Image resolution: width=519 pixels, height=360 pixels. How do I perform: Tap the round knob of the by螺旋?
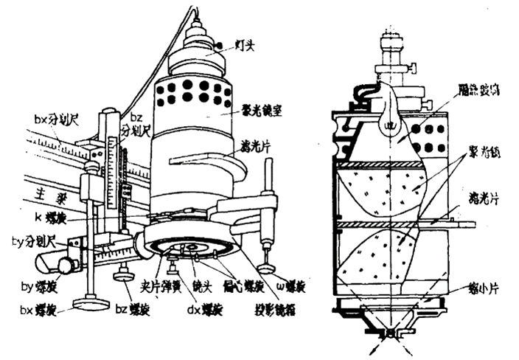pyautogui.click(x=68, y=264)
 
